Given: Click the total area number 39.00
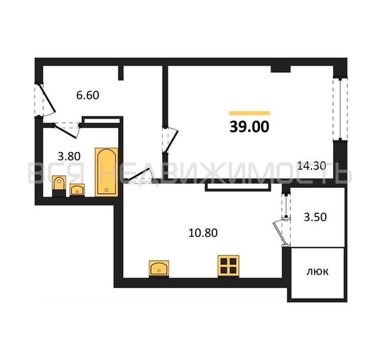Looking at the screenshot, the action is click(249, 127).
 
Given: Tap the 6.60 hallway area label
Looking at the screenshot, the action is click(88, 95).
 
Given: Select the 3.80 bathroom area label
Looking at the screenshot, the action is click(69, 156).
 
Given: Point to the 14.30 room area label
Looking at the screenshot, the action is click(311, 166).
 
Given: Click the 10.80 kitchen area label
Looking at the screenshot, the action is click(203, 233).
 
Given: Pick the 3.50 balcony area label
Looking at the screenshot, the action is click(315, 217).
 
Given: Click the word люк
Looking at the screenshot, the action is click(317, 271).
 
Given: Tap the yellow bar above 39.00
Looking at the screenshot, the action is click(250, 113).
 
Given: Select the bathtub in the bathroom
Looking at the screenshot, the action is click(106, 172).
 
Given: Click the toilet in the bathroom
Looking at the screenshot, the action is click(59, 186).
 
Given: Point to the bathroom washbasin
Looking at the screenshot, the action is click(77, 190).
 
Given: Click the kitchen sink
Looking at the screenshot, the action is click(159, 269).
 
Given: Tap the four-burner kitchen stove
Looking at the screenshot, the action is click(228, 266).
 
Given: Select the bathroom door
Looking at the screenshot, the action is click(66, 131).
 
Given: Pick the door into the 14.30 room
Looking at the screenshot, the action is click(171, 140).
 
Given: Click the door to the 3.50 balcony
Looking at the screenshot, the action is click(281, 233).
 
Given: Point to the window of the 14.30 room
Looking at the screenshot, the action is click(340, 109).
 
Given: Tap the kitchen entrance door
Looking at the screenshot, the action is click(140, 176).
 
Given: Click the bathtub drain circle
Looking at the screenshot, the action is click(106, 190).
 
